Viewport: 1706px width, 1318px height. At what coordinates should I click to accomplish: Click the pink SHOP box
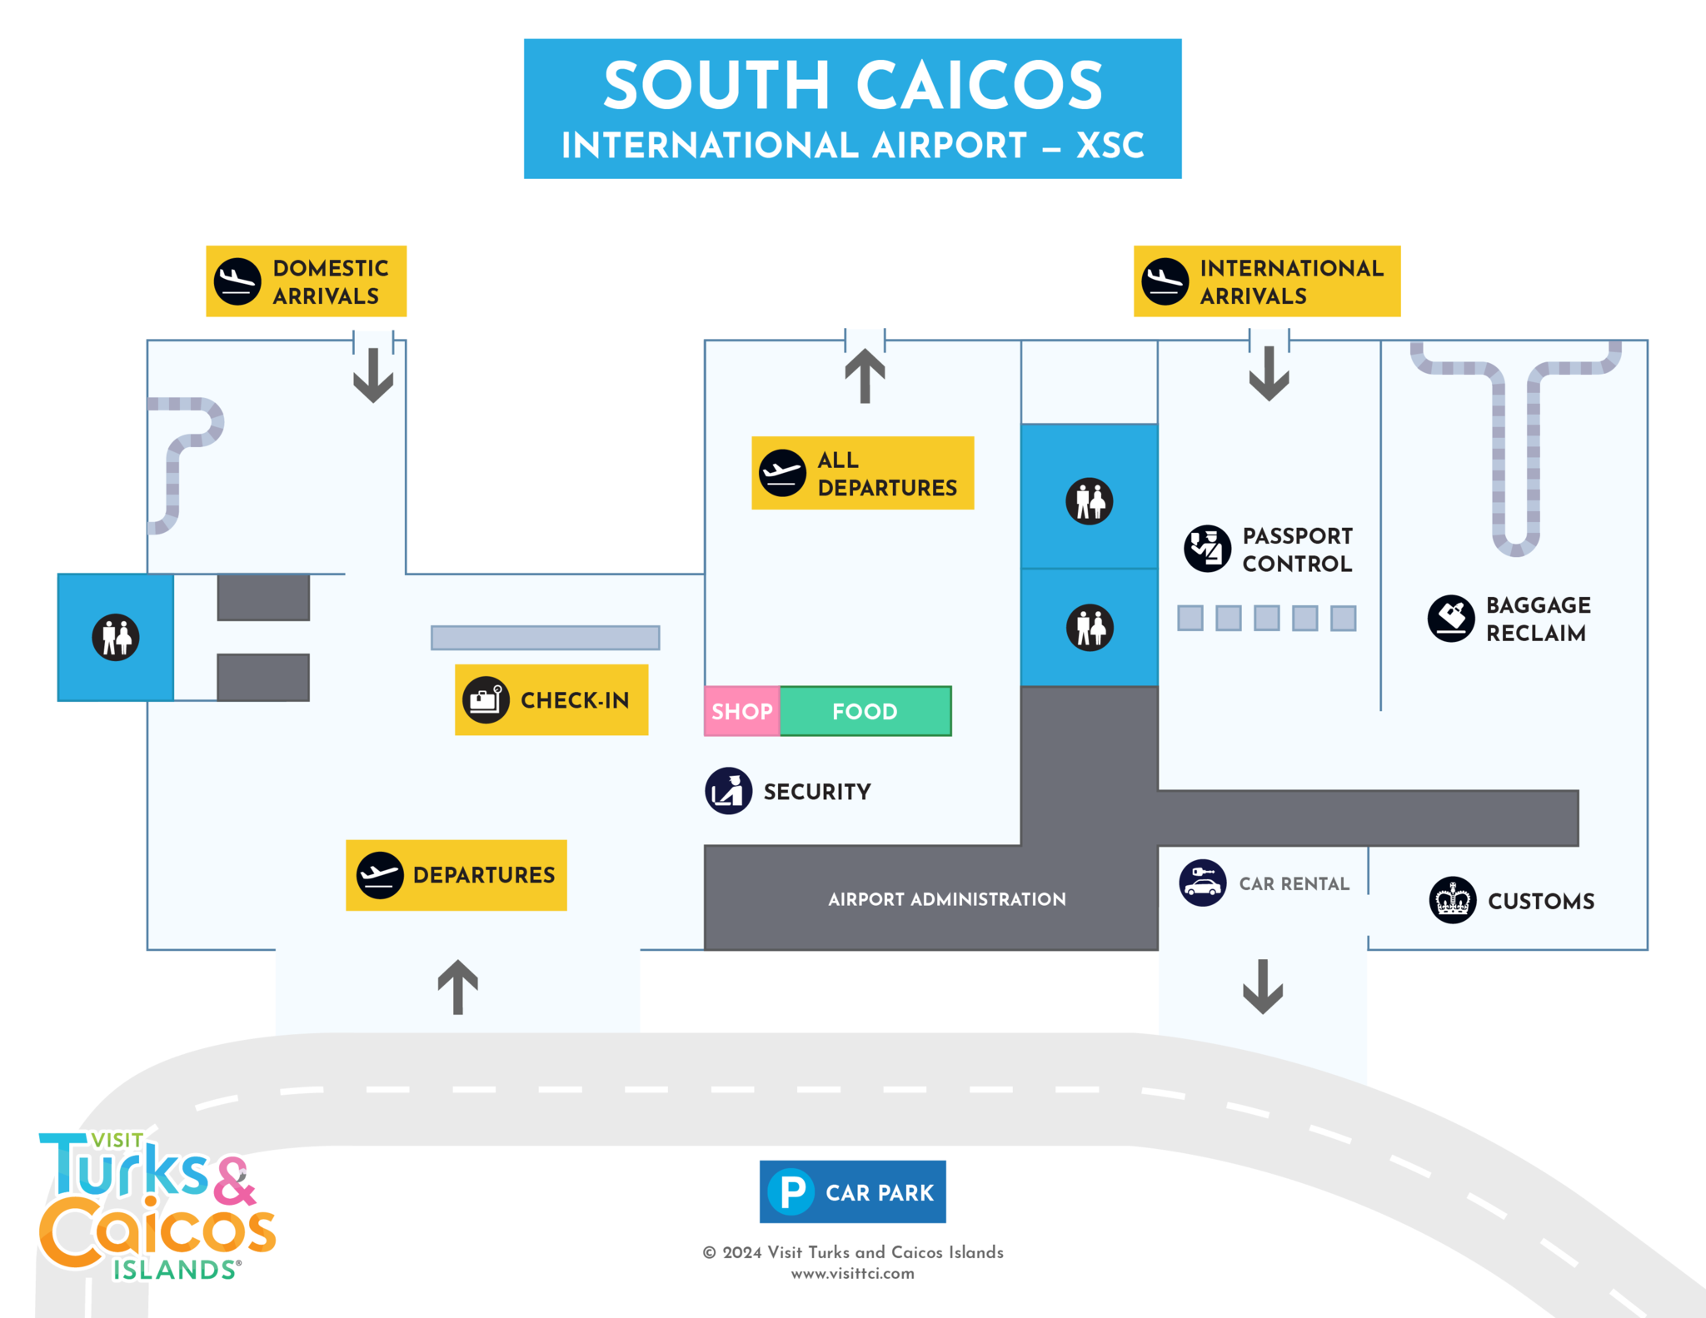pyautogui.click(x=741, y=711)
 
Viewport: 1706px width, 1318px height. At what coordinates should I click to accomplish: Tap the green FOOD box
pyautogui.click(x=865, y=711)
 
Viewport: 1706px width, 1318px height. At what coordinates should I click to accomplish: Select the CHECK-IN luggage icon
pyautogui.click(x=486, y=699)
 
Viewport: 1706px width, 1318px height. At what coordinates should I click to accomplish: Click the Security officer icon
pyautogui.click(x=729, y=790)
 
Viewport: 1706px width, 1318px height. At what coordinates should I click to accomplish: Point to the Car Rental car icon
pyautogui.click(x=1202, y=883)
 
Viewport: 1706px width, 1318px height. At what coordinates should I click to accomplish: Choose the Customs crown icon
pyautogui.click(x=1452, y=900)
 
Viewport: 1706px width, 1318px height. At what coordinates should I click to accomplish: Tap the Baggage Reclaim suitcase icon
pyautogui.click(x=1451, y=618)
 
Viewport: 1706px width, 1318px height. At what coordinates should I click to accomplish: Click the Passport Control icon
pyautogui.click(x=1207, y=549)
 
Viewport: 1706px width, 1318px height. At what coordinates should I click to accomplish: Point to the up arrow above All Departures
pyautogui.click(x=865, y=376)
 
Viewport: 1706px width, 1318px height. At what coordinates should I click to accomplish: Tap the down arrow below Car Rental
pyautogui.click(x=1263, y=987)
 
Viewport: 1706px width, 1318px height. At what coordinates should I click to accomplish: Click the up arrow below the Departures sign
pyautogui.click(x=457, y=987)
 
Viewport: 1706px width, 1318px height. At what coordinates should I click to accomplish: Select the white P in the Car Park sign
pyautogui.click(x=791, y=1191)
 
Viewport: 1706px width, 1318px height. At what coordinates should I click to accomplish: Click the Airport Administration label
pyautogui.click(x=946, y=899)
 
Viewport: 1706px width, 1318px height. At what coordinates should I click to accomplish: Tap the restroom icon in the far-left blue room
pyautogui.click(x=116, y=637)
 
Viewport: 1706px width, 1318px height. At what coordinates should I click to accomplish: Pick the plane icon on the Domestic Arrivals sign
pyautogui.click(x=237, y=281)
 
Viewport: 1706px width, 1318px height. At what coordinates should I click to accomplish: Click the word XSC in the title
pyautogui.click(x=1110, y=146)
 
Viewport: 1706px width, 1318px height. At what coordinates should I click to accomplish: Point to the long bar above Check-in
pyautogui.click(x=545, y=638)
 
